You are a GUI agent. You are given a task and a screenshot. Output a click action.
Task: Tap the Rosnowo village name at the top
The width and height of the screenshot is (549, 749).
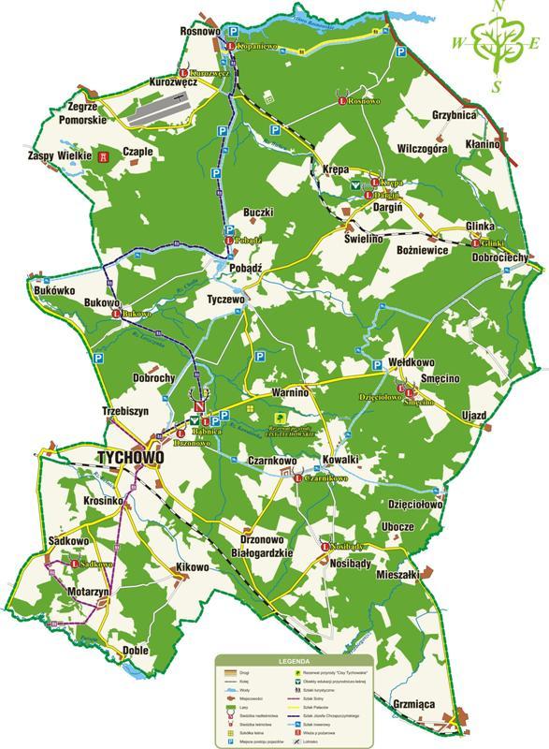(x=199, y=31)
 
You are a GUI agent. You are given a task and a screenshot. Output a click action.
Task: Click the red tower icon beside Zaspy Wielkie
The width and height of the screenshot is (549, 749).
(x=104, y=157)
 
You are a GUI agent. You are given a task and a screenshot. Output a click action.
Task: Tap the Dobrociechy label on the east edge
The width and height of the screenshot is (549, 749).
(x=501, y=257)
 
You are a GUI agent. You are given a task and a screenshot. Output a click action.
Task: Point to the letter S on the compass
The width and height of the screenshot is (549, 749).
(x=498, y=86)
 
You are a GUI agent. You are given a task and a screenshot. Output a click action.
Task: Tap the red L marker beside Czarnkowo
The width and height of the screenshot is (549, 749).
(x=297, y=479)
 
